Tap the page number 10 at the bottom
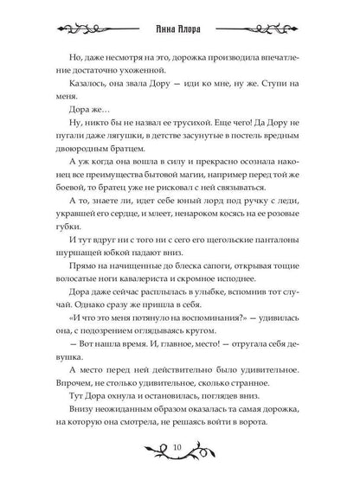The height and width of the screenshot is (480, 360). point(179,448)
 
